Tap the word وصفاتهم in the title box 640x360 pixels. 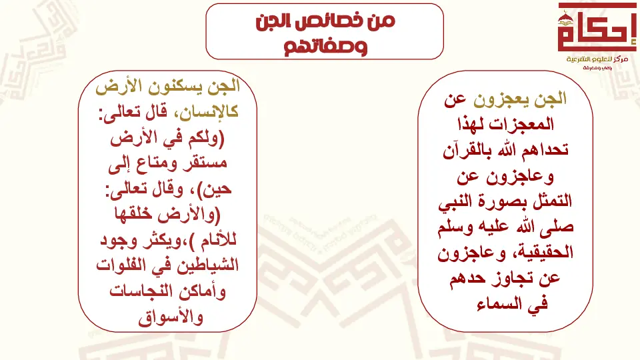coord(325,47)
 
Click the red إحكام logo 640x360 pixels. coord(597,28)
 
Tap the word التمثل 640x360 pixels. coord(551,201)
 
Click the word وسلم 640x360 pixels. coord(455,228)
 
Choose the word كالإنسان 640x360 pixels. coord(208,112)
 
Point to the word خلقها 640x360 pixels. coord(135,214)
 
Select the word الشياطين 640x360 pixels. coord(207,266)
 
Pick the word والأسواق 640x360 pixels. coord(171,317)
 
